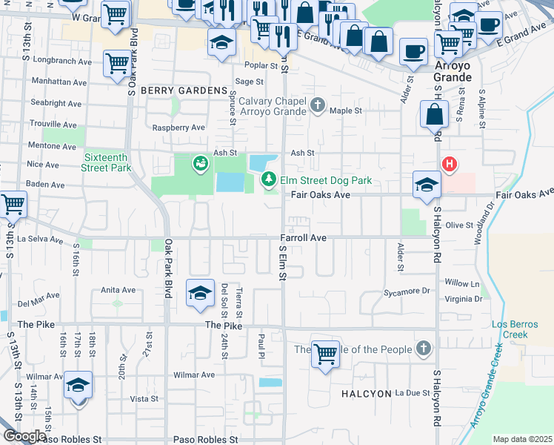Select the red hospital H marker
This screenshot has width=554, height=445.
tap(448, 164)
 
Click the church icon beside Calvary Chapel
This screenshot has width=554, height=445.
tap(318, 104)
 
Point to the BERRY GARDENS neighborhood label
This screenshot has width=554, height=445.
tap(184, 90)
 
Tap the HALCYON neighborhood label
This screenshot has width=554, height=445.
tap(366, 393)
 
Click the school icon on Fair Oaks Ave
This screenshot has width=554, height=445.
tap(427, 185)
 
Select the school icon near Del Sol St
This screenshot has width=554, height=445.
tap(200, 294)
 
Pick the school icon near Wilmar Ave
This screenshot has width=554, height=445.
tap(78, 386)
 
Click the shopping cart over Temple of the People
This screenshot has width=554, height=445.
tap(325, 354)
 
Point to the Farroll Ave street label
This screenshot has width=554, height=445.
tap(303, 238)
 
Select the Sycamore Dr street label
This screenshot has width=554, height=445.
tap(407, 292)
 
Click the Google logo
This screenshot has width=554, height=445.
tap(24, 436)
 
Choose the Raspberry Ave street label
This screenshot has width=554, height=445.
tap(178, 128)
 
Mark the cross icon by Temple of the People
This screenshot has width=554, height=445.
tap(423, 349)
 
